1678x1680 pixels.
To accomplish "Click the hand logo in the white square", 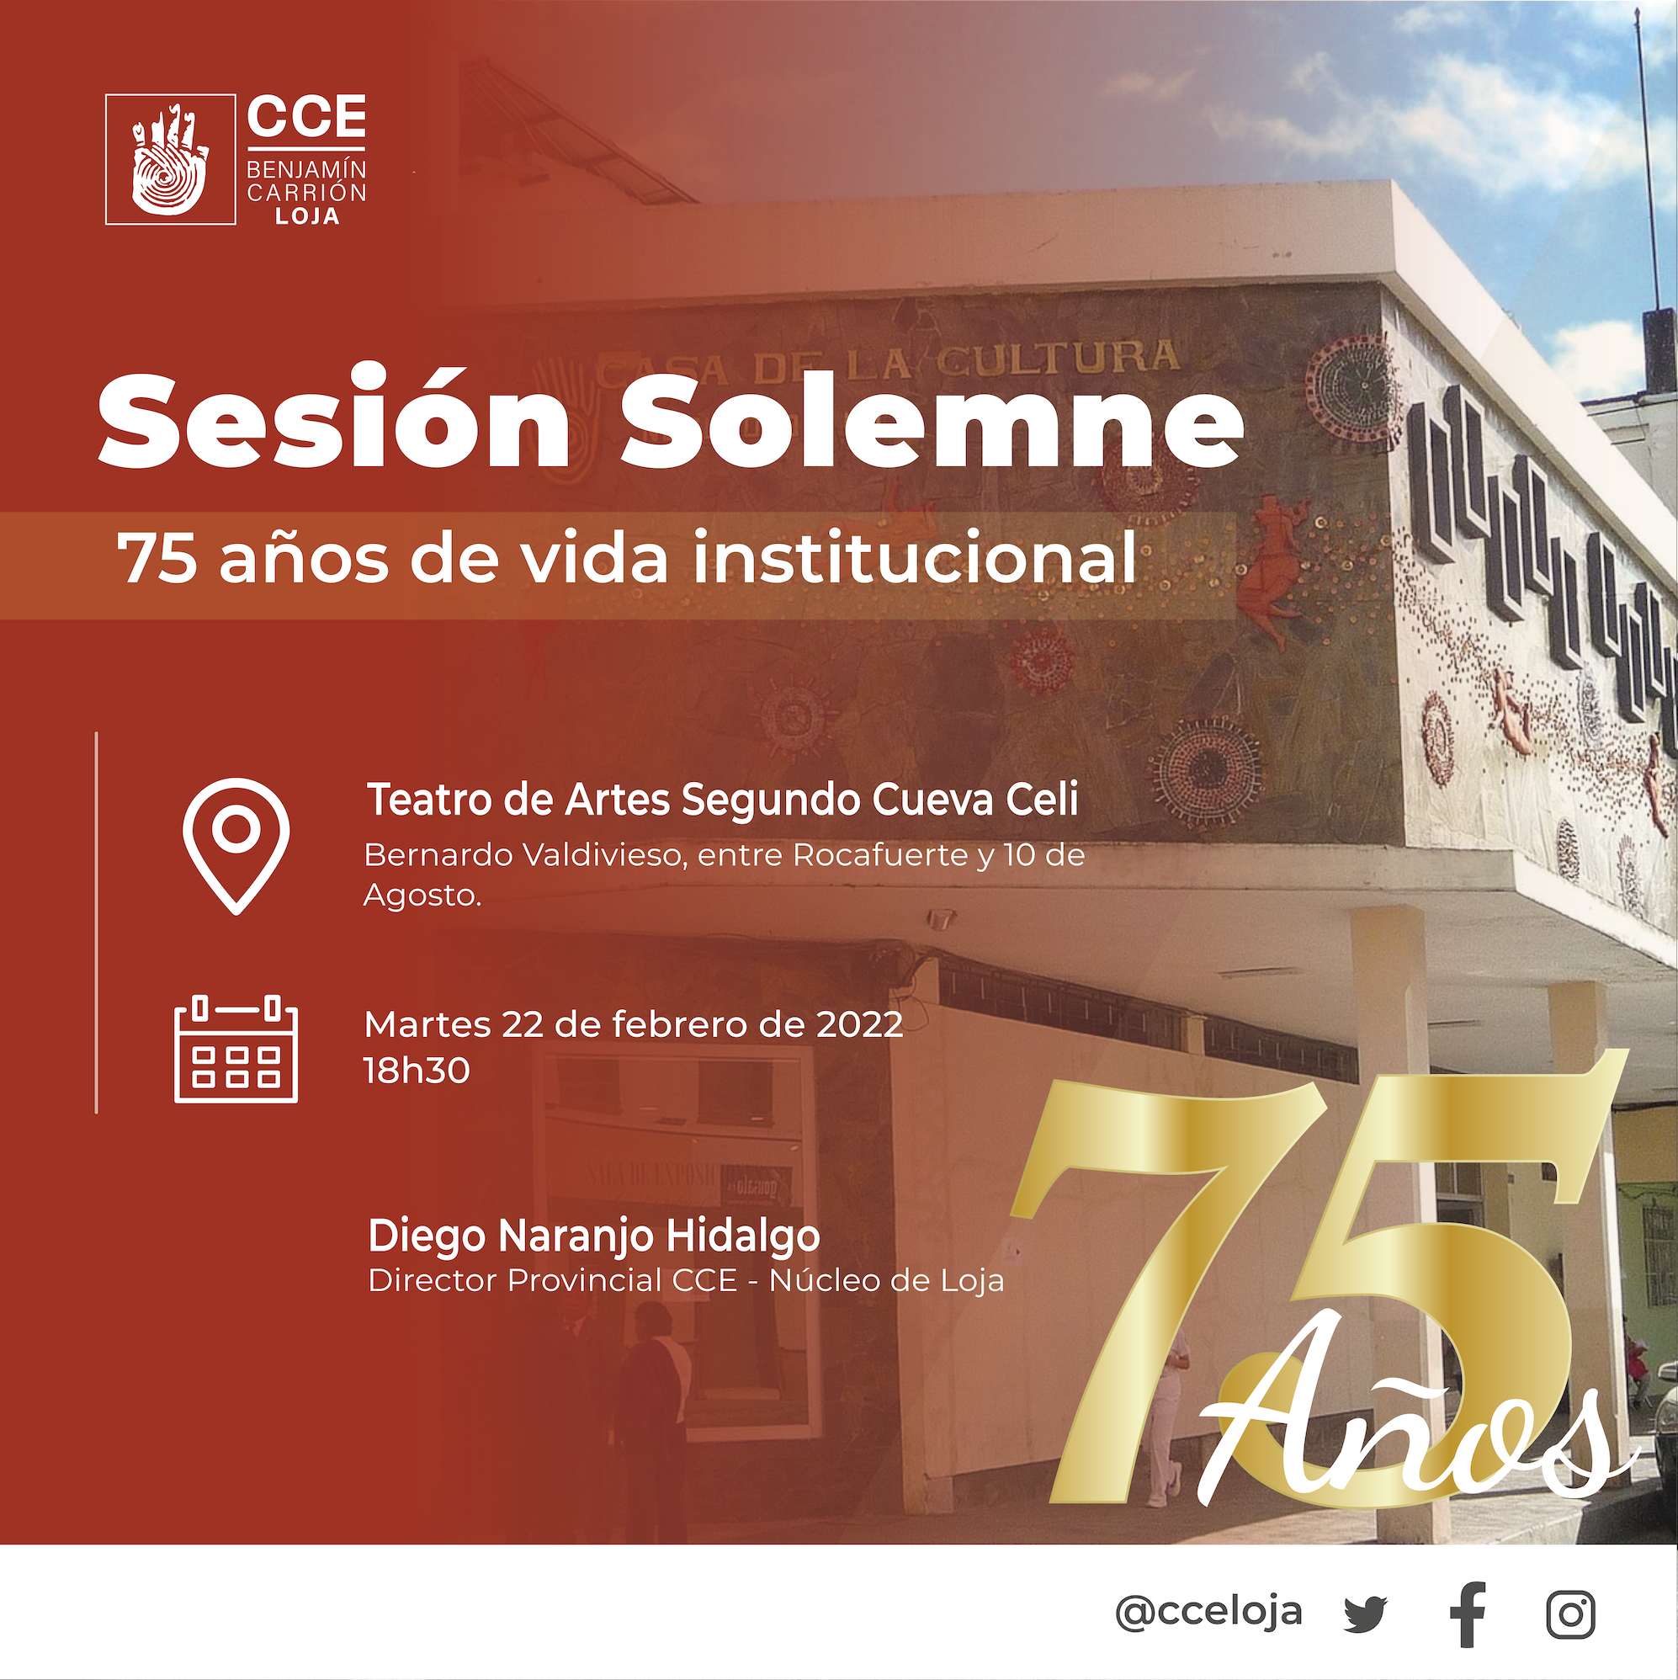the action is coord(170,159).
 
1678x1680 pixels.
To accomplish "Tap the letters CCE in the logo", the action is coord(306,116).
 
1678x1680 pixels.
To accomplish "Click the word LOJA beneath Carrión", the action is coord(307,216).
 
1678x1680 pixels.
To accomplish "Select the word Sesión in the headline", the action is coord(335,419).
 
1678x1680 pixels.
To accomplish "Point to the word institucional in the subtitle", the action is coord(914,556).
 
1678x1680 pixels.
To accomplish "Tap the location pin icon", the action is coord(236,844).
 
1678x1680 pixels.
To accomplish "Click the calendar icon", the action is coord(236,1049).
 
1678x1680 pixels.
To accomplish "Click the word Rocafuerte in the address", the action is coord(880,855).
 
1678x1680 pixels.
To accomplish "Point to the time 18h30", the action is coord(417,1071).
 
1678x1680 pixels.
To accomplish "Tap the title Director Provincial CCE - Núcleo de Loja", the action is coord(686,1281).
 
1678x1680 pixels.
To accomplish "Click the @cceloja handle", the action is coord(1208,1611).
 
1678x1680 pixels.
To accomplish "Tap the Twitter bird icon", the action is coord(1366,1614).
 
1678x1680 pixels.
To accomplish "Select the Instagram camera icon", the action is coord(1571,1615).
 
